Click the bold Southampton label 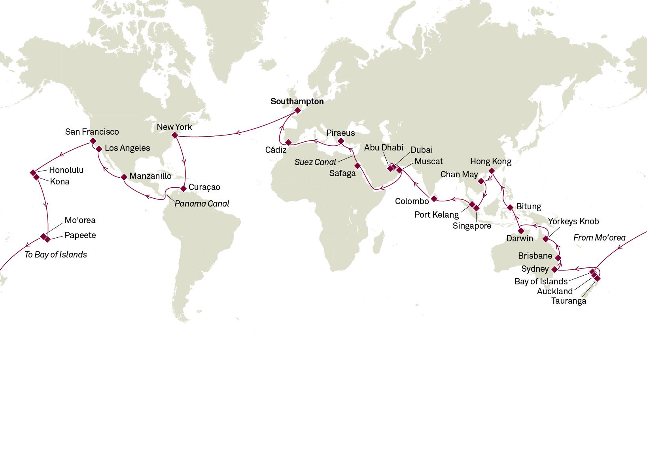[297, 102]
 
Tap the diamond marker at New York [175, 135]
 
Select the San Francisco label [92, 132]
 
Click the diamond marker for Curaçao [183, 188]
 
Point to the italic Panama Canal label [202, 204]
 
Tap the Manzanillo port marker [124, 177]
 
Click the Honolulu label [66, 170]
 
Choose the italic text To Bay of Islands [56, 255]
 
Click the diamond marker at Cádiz [288, 142]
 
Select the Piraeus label [341, 133]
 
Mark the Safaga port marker [358, 166]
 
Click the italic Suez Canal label [315, 162]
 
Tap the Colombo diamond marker [434, 199]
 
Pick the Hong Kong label [490, 162]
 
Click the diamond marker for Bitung [510, 207]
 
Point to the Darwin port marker [521, 231]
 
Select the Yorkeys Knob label [573, 222]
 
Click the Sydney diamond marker [555, 269]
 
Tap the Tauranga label [568, 301]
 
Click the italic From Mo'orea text [599, 238]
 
